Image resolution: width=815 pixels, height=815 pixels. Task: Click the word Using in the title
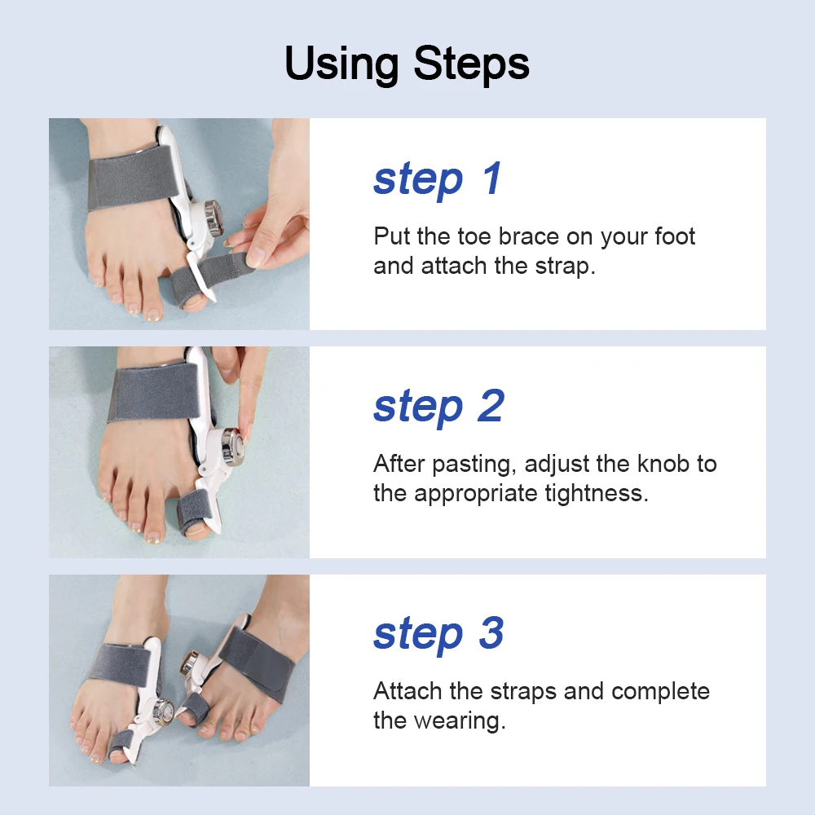pyautogui.click(x=344, y=64)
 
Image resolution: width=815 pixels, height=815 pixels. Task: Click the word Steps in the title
pyautogui.click(x=471, y=64)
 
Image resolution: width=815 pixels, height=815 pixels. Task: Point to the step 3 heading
pyautogui.click(x=438, y=634)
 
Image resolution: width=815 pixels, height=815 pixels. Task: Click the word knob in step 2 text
pyautogui.click(x=647, y=465)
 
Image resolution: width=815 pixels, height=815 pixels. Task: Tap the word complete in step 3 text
pyautogui.click(x=660, y=691)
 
